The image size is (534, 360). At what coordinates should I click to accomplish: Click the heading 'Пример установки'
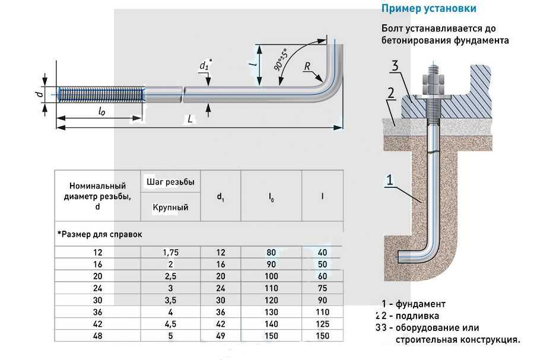(428, 9)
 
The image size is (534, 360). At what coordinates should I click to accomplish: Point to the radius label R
(307, 66)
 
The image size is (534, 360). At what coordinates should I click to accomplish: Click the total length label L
(190, 119)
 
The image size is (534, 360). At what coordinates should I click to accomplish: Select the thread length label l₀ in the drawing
(101, 111)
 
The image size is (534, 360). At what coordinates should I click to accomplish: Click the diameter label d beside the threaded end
(37, 94)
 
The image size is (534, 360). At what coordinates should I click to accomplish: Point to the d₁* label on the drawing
(205, 65)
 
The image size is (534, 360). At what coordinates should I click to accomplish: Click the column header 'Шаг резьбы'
(170, 181)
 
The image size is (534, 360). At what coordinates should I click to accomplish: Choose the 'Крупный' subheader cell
(170, 207)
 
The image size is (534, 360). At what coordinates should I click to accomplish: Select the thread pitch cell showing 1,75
(170, 252)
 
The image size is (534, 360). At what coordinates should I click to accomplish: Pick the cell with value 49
(220, 335)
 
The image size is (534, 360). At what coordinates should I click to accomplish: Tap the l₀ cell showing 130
(271, 311)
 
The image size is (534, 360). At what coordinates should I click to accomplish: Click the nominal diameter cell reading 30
(97, 300)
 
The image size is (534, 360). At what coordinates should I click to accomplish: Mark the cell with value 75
(322, 288)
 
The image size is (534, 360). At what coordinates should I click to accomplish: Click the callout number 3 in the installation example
(394, 66)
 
